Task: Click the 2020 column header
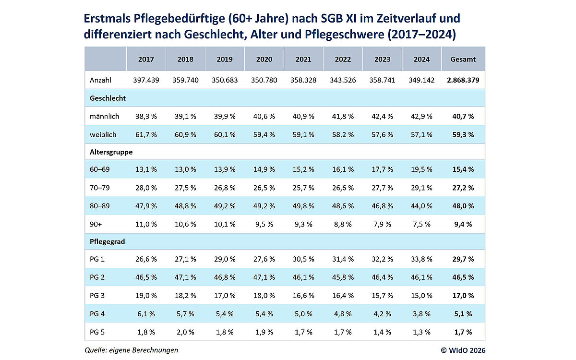pyautogui.click(x=264, y=60)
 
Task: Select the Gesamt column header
pyautogui.click(x=463, y=60)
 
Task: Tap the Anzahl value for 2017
pyautogui.click(x=146, y=80)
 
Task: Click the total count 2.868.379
pyautogui.click(x=463, y=80)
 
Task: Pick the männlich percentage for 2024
pyautogui.click(x=421, y=116)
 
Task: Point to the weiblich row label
pyautogui.click(x=103, y=134)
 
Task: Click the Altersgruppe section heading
pyautogui.click(x=111, y=152)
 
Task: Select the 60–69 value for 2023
pyautogui.click(x=383, y=170)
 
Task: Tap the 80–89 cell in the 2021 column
pyautogui.click(x=303, y=205)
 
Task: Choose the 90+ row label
pyautogui.click(x=96, y=224)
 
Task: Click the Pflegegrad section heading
pyautogui.click(x=107, y=241)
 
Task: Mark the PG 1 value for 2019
pyautogui.click(x=225, y=259)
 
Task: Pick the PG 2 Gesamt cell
pyautogui.click(x=463, y=277)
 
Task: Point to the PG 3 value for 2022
pyautogui.click(x=343, y=295)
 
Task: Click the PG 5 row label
pyautogui.click(x=98, y=332)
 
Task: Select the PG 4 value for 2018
pyautogui.click(x=185, y=313)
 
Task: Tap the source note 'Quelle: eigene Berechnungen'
pyautogui.click(x=131, y=350)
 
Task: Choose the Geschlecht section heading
pyautogui.click(x=108, y=98)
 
